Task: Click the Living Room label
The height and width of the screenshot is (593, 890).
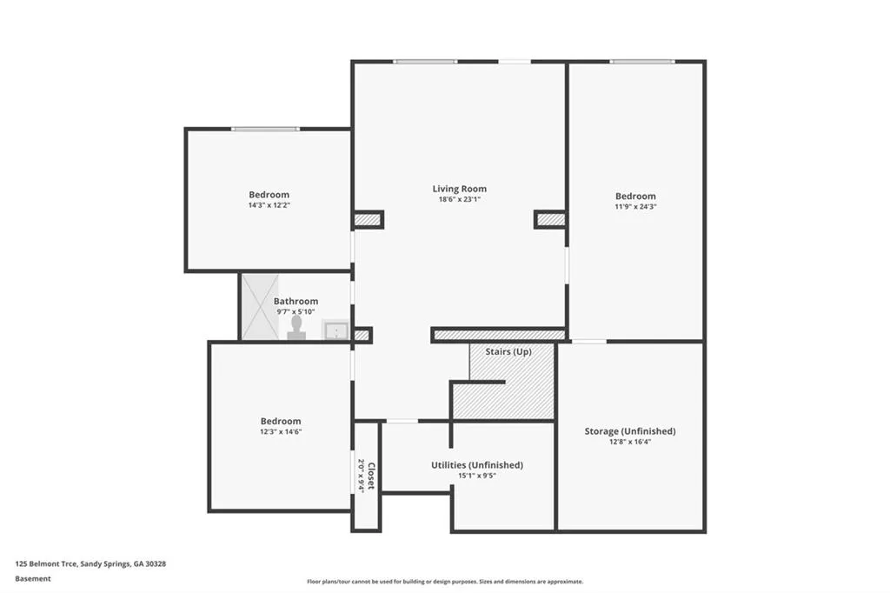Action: pos(459,189)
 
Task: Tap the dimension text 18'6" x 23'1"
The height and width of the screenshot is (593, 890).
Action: pos(459,199)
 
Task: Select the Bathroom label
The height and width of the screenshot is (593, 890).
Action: pos(296,302)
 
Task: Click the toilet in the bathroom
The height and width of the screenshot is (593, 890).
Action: pos(296,326)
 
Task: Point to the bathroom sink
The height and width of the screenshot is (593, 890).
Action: pos(335,330)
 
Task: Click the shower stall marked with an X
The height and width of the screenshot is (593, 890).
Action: pos(260,306)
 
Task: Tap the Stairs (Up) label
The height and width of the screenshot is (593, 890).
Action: pos(509,351)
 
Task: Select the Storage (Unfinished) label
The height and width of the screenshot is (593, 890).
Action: pos(629,431)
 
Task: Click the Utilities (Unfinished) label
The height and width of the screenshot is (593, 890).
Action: pos(476,465)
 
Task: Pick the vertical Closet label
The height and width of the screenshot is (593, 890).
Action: pos(370,476)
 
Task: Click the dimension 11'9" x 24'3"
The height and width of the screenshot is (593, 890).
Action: pos(635,207)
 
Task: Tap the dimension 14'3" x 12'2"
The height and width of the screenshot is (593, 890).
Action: pos(269,205)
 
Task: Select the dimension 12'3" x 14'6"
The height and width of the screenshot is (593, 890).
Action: pos(280,431)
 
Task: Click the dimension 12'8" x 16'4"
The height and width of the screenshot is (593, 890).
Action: pos(629,442)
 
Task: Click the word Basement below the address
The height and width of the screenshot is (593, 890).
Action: pos(33,578)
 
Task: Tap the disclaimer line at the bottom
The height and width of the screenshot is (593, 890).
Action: pos(444,582)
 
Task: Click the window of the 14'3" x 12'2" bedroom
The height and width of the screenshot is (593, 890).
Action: pos(265,129)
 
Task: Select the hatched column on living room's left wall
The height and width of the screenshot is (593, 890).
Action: pos(368,220)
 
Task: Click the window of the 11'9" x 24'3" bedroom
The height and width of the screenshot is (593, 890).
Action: pos(641,62)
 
